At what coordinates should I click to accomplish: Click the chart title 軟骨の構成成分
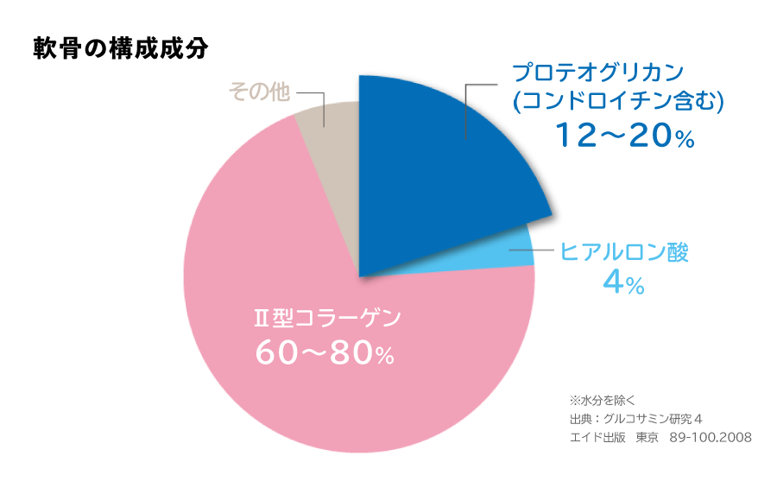point(120,47)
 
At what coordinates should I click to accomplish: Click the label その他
point(259,92)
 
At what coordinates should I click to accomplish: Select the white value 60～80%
point(325,352)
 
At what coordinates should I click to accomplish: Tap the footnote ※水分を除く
point(603,401)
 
